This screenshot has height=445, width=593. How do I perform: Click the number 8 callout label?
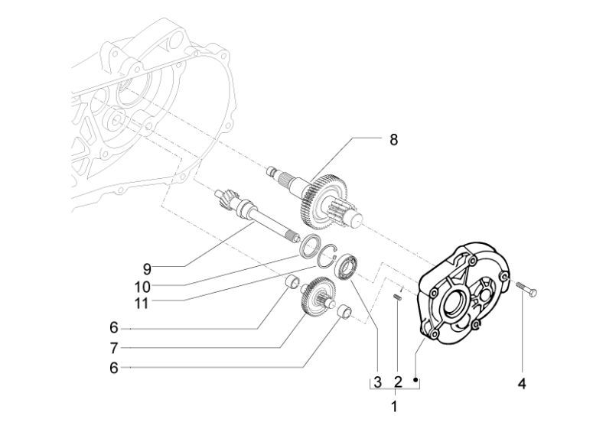click(394, 140)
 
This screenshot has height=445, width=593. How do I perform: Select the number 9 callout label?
click(146, 268)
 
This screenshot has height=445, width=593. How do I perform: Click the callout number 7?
click(113, 348)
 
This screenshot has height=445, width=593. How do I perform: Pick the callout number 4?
click(522, 383)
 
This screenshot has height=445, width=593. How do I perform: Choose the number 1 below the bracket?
click(394, 407)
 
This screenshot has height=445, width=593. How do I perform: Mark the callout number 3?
click(377, 382)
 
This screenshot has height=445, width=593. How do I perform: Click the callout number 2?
click(398, 382)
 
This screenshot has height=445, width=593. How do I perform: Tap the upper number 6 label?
click(113, 327)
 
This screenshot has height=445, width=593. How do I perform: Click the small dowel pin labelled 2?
click(398, 298)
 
